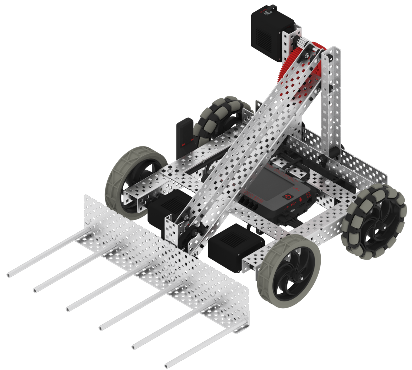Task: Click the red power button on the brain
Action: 288,197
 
